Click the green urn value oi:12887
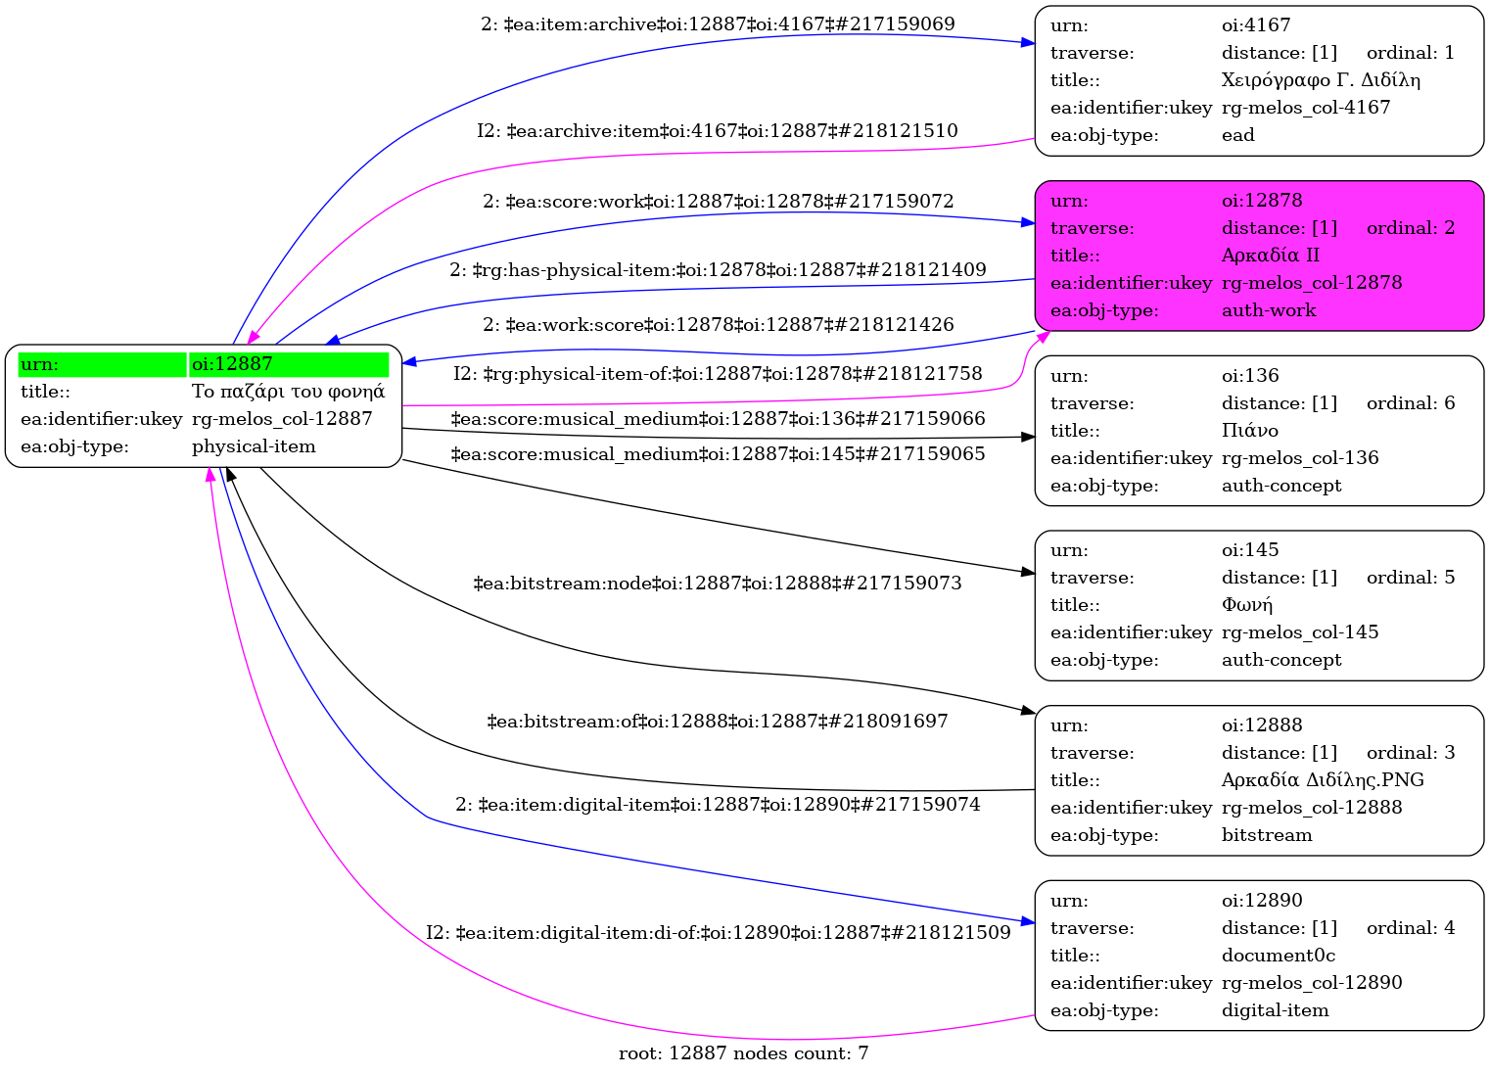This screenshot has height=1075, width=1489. pos(232,364)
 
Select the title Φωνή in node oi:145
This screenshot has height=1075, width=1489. pos(1246,605)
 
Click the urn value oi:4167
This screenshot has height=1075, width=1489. pos(1256,25)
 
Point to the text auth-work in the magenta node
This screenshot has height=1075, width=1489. pos(1269,310)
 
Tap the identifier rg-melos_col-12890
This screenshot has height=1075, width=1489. pos(1312,983)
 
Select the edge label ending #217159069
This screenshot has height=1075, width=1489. pos(718,24)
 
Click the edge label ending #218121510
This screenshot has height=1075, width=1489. pos(718,131)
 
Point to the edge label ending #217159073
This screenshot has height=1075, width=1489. pos(718,584)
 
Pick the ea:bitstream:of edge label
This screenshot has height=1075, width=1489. pos(718,722)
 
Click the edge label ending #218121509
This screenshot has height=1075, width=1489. pos(718,933)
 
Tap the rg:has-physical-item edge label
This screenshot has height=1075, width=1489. pos(718,270)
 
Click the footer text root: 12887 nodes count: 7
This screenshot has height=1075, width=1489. pos(743,1053)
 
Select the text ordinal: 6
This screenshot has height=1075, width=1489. pos(1410,403)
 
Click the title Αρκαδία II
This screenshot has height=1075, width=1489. pos(1270,256)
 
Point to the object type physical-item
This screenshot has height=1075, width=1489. pos(254,446)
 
